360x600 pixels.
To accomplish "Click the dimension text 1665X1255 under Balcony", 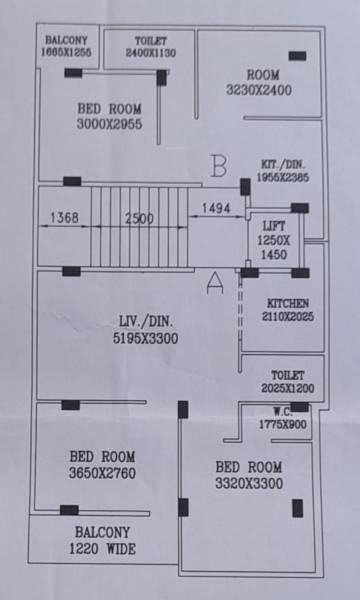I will pyautogui.click(x=67, y=52).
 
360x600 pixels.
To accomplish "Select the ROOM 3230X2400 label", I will pyautogui.click(x=263, y=81).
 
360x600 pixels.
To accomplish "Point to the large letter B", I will pyautogui.click(x=219, y=166).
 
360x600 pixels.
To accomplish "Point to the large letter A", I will pyautogui.click(x=213, y=284).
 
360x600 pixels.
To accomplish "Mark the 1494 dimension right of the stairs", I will pyautogui.click(x=217, y=208).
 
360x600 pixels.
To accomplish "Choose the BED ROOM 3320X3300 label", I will pyautogui.click(x=249, y=475).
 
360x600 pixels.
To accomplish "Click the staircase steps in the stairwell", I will pyautogui.click(x=140, y=240).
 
